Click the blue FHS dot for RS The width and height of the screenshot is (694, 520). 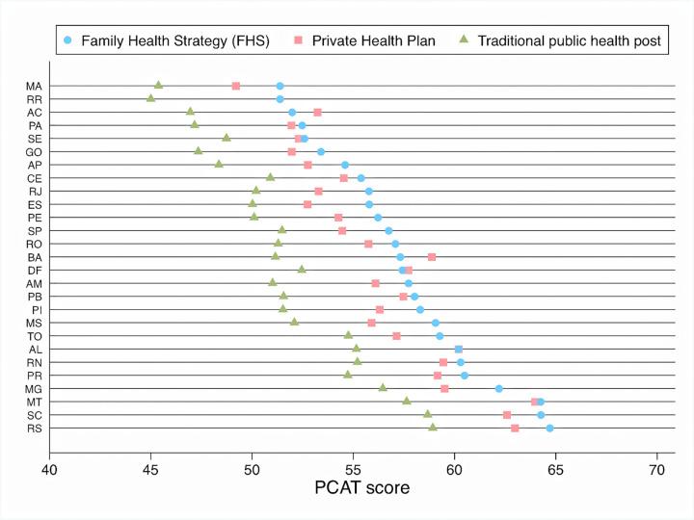[x=549, y=428]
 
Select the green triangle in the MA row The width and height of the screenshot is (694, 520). [x=158, y=86]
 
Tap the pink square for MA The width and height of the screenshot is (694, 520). [x=236, y=86]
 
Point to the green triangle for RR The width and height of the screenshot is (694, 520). [x=150, y=98]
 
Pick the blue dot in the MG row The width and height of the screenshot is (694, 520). [x=499, y=388]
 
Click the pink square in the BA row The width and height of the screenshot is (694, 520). [x=432, y=257]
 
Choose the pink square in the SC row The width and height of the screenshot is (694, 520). [x=507, y=414]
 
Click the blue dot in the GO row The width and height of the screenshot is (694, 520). [x=321, y=151]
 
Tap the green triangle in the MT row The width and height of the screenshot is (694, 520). [x=407, y=401]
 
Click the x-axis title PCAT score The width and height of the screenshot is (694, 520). [x=362, y=488]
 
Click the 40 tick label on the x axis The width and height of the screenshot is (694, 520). [x=49, y=469]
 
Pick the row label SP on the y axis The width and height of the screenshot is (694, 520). [x=34, y=230]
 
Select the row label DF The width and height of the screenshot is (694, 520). [x=34, y=270]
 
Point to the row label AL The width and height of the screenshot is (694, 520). [x=34, y=349]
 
